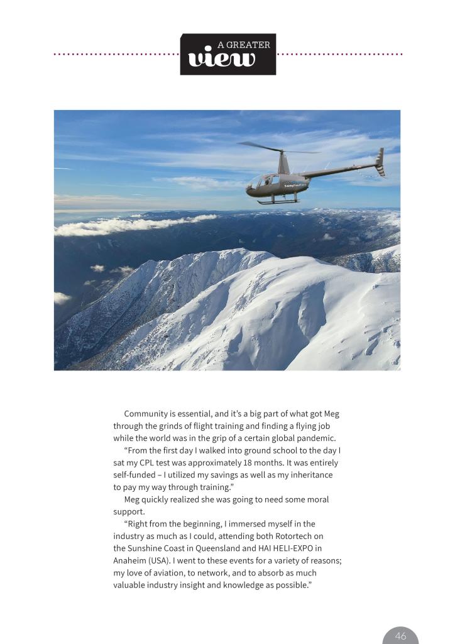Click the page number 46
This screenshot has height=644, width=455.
click(400, 636)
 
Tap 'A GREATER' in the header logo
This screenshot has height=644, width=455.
click(244, 45)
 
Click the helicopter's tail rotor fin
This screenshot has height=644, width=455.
click(380, 162)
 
